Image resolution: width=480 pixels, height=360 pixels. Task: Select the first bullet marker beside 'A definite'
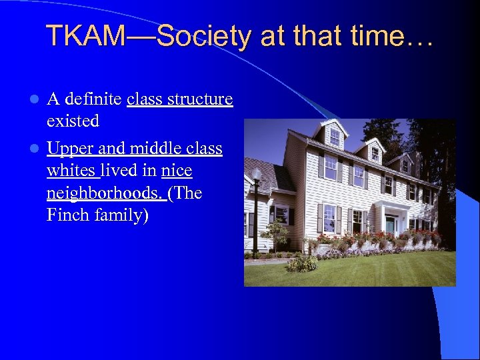click(37, 100)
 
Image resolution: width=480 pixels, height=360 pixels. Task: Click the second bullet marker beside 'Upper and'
click(37, 148)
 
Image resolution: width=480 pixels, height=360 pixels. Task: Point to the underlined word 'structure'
click(202, 99)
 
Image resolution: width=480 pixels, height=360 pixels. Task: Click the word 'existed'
click(73, 121)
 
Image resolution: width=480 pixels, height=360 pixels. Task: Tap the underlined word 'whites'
click(71, 171)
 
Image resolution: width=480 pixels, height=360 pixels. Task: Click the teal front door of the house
click(389, 225)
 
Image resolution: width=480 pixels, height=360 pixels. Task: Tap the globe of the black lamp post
click(257, 175)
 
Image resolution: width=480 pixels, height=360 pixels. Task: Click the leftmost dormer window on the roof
click(334, 136)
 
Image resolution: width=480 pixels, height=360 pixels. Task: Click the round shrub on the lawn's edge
click(303, 263)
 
